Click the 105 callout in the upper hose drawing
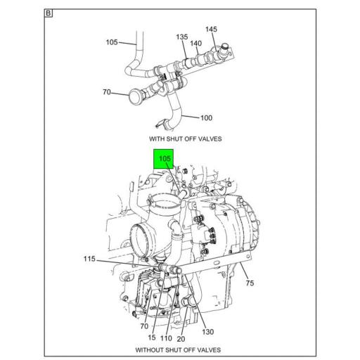tap(112, 42)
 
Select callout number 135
tap(181, 37)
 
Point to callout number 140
tap(196, 43)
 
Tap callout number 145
tap(212, 29)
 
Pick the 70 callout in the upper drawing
tap(107, 91)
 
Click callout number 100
tap(207, 117)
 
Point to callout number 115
tap(89, 259)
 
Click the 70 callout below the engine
tap(143, 326)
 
